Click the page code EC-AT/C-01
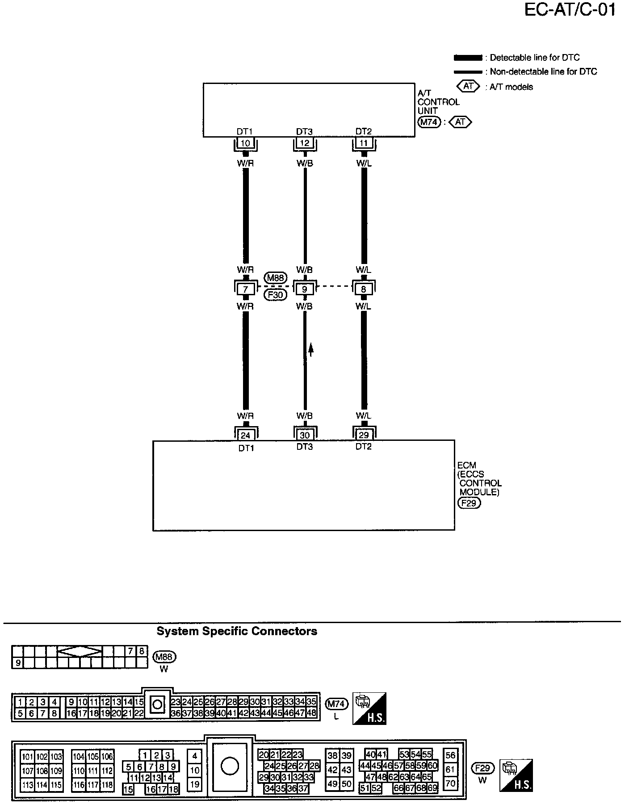coord(570,10)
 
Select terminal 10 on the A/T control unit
coord(245,144)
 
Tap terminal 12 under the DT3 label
coord(305,144)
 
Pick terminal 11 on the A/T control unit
coord(364,144)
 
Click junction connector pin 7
coord(245,289)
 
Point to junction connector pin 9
coord(305,289)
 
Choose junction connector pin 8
coord(364,289)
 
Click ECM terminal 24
coord(245,435)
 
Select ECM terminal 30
coord(305,435)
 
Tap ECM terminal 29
coord(364,435)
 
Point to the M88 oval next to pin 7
coord(275,278)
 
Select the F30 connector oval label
coord(275,295)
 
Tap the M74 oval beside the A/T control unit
coord(429,121)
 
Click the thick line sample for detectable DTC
coord(467,58)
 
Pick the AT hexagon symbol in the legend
coord(468,86)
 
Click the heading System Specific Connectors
coord(237,631)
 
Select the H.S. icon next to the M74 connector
coord(369,709)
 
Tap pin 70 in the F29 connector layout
coord(450,783)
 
